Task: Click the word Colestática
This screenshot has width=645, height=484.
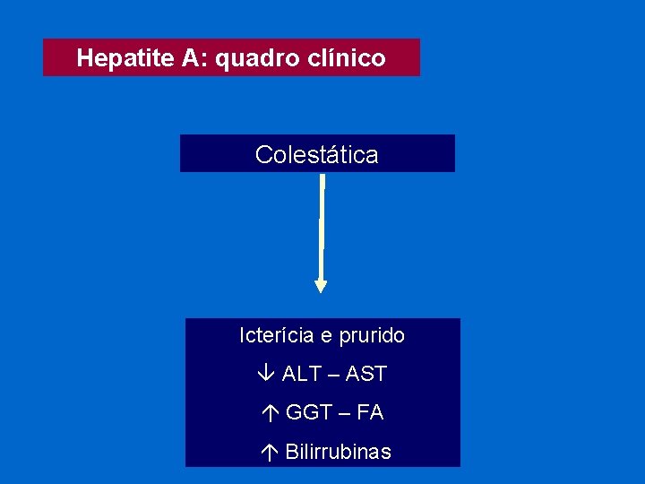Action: tap(317, 154)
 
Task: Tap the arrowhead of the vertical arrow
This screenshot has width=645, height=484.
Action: tap(321, 286)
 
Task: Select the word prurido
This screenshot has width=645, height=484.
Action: tap(370, 335)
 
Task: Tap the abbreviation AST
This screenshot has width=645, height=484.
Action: tap(366, 374)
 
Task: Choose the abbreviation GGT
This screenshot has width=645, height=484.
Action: tap(307, 412)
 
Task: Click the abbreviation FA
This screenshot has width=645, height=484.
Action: tap(370, 412)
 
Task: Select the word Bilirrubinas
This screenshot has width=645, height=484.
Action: tap(338, 452)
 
